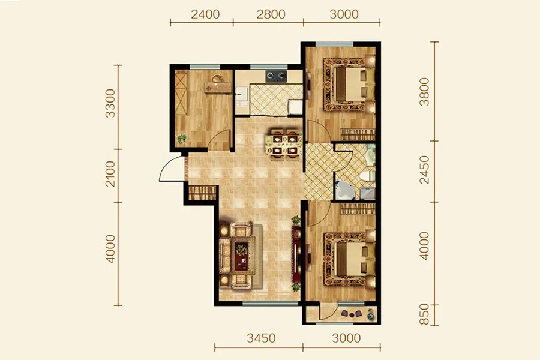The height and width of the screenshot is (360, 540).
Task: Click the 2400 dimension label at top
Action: [x=205, y=14]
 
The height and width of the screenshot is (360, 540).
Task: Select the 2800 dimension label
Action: [x=271, y=14]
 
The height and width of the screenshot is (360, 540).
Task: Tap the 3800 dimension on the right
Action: [x=425, y=92]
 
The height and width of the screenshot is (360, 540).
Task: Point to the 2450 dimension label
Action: [x=425, y=170]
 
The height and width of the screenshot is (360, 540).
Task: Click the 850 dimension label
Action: [x=425, y=314]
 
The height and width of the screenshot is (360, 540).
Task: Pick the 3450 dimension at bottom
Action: [x=261, y=338]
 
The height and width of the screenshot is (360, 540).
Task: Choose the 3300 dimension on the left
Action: [x=110, y=103]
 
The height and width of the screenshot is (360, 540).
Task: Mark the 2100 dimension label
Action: [x=110, y=174]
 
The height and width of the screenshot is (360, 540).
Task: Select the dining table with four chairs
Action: [x=285, y=145]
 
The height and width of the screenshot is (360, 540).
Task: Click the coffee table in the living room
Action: [x=241, y=257]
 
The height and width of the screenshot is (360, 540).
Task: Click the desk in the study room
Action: [x=218, y=86]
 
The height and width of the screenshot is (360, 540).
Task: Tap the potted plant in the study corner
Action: [x=181, y=139]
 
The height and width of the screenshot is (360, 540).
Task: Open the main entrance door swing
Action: [x=170, y=169]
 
